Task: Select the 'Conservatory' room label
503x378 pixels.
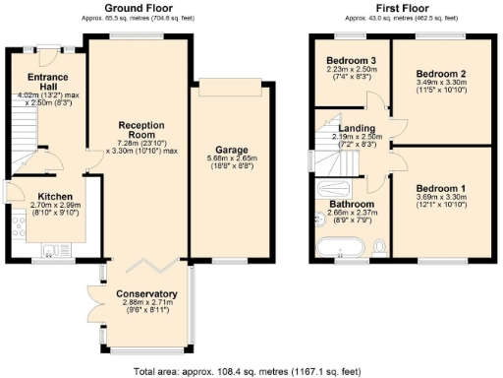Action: pyautogui.click(x=146, y=293)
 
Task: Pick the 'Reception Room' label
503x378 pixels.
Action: pyautogui.click(x=141, y=131)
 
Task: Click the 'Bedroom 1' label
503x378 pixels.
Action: pyautogui.click(x=439, y=188)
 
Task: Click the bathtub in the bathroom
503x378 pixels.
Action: pyautogui.click(x=339, y=247)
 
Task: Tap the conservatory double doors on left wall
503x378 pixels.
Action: pyautogui.click(x=91, y=306)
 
